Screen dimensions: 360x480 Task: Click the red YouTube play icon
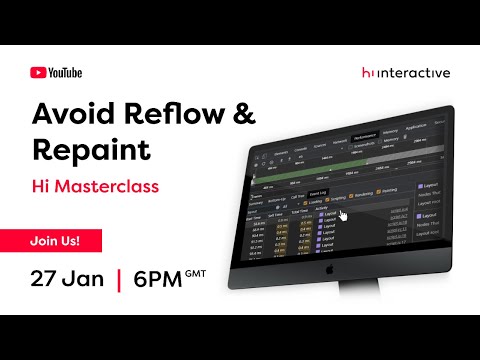pos(38,72)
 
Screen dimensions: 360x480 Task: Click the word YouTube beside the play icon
pos(65,72)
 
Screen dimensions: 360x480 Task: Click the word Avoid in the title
pos(76,114)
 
